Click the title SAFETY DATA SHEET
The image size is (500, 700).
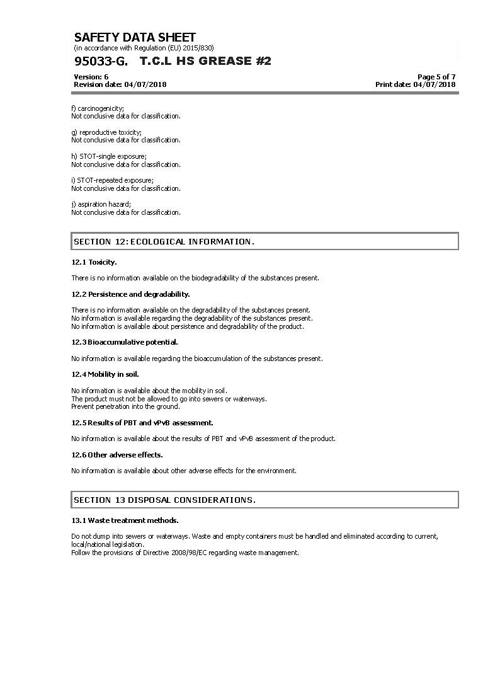click(x=135, y=37)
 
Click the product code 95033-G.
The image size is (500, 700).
click(x=101, y=61)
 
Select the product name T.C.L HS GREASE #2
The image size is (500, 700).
click(x=205, y=61)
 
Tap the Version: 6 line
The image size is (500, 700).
click(x=91, y=77)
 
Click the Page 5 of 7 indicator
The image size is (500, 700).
click(x=436, y=77)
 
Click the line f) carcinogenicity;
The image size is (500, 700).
click(x=98, y=108)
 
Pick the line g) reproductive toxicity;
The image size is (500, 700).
click(x=106, y=132)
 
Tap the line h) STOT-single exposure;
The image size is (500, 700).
click(x=109, y=156)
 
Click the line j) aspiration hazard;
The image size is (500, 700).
click(x=101, y=204)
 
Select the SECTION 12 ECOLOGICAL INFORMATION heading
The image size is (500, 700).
click(x=164, y=241)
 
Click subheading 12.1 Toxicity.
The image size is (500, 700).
click(x=94, y=262)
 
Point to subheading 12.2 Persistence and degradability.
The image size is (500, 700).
click(x=130, y=294)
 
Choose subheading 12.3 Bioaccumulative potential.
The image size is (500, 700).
click(x=125, y=342)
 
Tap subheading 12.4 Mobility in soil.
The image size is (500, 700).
click(x=105, y=374)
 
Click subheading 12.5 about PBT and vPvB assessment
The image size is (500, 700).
click(x=142, y=423)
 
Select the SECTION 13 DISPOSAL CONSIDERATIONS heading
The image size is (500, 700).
click(x=165, y=500)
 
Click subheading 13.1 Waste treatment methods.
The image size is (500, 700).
click(x=125, y=520)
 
